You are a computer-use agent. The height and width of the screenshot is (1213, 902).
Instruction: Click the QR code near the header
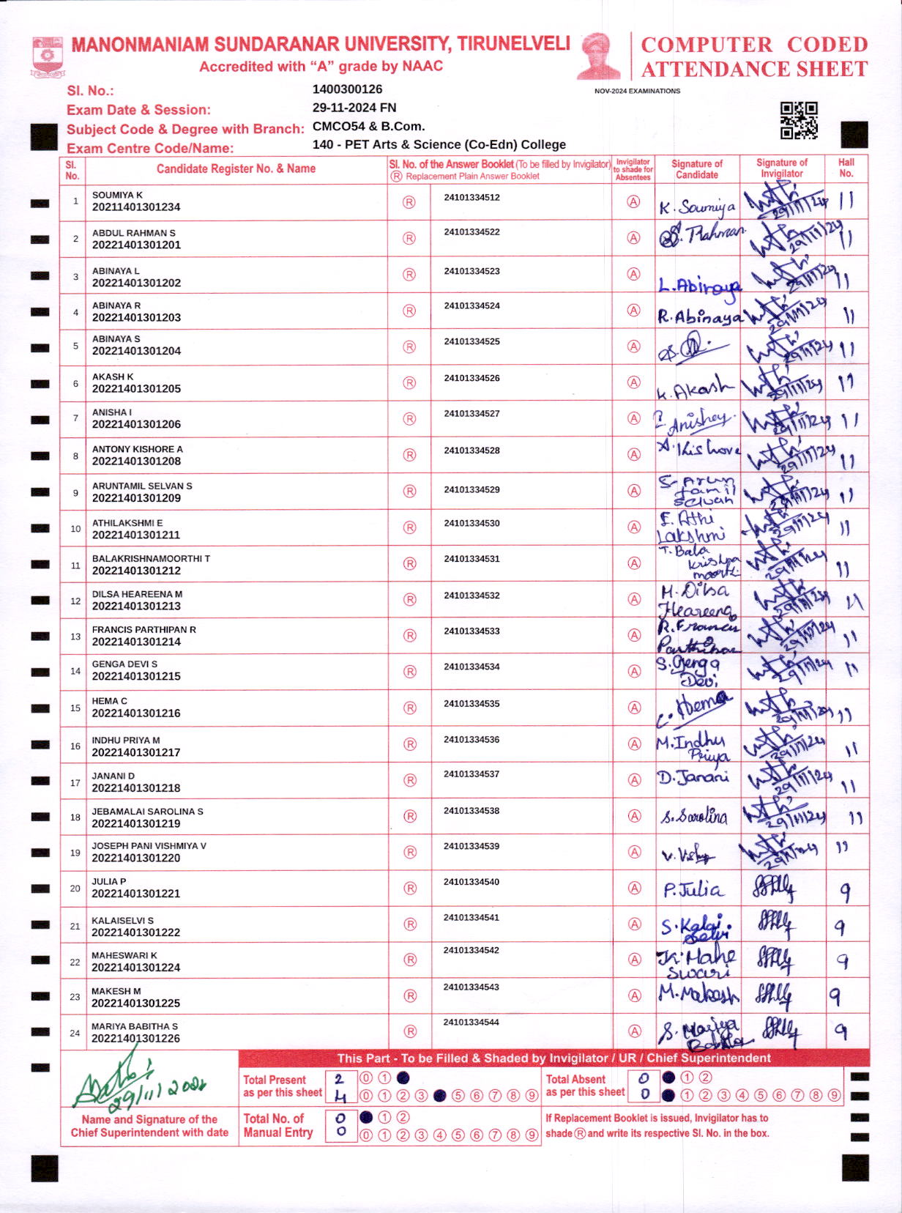click(799, 121)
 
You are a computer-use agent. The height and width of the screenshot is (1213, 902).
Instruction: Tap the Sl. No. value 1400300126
click(347, 89)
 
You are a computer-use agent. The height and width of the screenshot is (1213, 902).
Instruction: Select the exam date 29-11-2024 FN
click(354, 108)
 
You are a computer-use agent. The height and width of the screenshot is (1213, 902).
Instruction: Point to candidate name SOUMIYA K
click(117, 195)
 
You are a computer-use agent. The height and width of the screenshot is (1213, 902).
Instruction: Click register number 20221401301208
click(136, 461)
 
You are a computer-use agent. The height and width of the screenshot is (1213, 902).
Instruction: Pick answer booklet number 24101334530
click(471, 524)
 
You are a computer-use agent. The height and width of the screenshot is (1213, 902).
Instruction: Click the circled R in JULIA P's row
click(410, 889)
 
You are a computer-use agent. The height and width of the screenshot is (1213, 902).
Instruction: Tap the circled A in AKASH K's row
click(634, 382)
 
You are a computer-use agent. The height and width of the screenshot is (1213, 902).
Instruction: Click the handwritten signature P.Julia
click(692, 890)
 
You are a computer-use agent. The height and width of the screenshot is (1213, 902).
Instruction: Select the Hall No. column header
click(846, 168)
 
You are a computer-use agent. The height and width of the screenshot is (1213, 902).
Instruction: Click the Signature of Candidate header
click(697, 169)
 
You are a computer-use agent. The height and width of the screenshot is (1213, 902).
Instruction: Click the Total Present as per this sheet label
click(283, 1086)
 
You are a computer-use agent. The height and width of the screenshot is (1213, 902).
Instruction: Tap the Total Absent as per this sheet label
click(585, 1086)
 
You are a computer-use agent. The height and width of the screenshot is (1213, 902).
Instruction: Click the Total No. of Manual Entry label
click(277, 1125)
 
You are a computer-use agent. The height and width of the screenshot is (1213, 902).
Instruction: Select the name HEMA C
click(110, 701)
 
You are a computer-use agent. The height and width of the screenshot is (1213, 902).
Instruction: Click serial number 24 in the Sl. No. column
click(75, 1034)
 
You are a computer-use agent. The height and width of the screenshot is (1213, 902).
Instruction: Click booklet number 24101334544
click(471, 1023)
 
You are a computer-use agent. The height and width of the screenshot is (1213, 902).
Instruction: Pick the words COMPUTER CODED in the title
click(754, 45)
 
